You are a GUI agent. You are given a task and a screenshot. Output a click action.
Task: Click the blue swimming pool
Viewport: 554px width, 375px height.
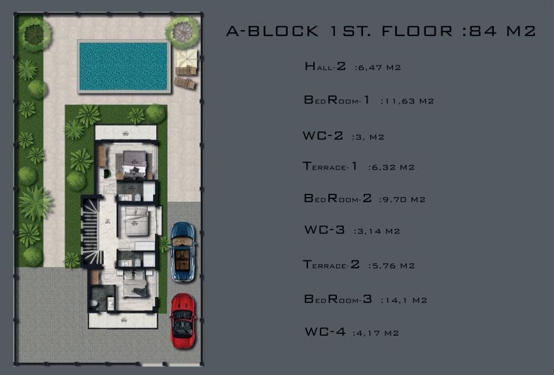(x=124, y=67)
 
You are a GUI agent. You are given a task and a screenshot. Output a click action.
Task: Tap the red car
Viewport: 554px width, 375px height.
(x=182, y=321)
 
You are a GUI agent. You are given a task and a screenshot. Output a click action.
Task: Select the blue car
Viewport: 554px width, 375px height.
(x=182, y=252)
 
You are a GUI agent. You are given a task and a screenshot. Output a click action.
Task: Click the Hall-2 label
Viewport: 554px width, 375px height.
(x=325, y=66)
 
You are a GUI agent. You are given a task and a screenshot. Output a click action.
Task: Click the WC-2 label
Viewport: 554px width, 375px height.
(x=322, y=135)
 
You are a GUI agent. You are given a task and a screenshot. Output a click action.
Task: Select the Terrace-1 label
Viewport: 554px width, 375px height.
(x=330, y=166)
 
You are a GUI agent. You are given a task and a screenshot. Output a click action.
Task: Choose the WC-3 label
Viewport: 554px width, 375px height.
(x=324, y=230)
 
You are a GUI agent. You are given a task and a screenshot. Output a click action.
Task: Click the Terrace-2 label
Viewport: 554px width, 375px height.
(x=331, y=264)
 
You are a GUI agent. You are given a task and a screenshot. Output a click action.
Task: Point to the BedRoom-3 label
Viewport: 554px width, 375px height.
(x=338, y=299)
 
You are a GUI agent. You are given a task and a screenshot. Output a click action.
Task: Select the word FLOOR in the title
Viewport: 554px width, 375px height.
(x=417, y=31)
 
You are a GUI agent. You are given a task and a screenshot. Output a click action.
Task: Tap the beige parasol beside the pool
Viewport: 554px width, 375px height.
(x=186, y=58)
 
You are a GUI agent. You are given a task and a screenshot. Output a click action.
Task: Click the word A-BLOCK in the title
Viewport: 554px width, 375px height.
(x=272, y=31)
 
